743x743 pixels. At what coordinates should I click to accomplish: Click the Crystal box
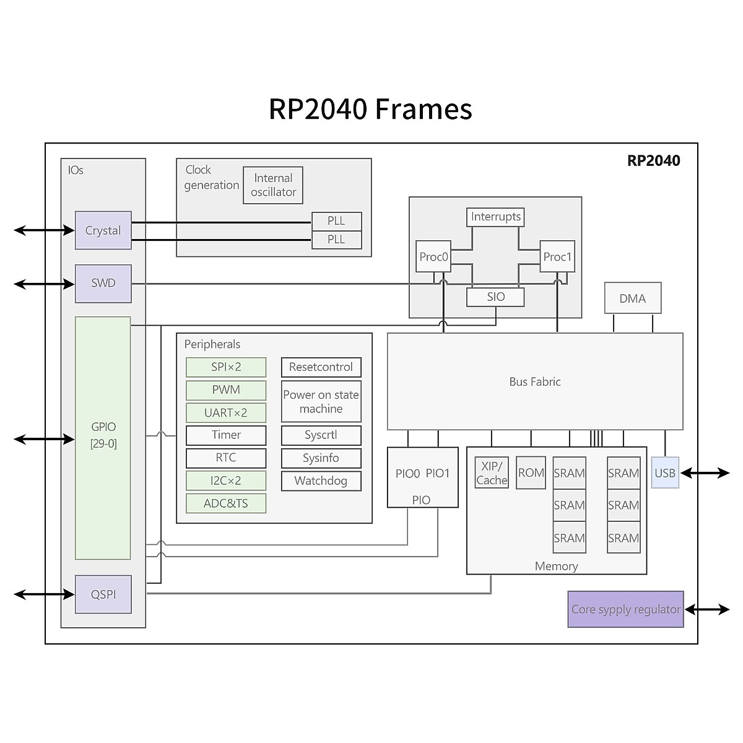(103, 230)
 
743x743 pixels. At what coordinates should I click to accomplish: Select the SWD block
(103, 284)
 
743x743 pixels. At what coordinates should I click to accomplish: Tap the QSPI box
(103, 594)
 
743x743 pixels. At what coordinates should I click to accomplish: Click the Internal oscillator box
(273, 185)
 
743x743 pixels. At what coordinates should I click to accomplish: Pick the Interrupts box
(495, 217)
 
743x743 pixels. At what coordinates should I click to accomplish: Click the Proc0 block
(433, 257)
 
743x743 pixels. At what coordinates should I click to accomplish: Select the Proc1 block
(557, 257)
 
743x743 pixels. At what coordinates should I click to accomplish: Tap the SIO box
(495, 297)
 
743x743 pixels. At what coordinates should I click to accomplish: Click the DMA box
(632, 298)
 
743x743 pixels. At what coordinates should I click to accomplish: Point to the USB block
(665, 473)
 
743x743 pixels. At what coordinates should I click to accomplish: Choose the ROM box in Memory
(531, 473)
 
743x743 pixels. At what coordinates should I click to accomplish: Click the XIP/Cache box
(492, 474)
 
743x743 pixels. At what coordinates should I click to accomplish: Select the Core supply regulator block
(625, 609)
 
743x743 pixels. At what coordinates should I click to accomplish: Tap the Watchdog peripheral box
(321, 481)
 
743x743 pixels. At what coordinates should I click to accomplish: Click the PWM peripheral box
(226, 390)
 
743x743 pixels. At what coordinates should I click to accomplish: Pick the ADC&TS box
(226, 503)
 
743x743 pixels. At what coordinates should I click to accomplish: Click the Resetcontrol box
(321, 367)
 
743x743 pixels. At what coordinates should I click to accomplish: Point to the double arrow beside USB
(705, 474)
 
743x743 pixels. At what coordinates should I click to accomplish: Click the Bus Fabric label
(535, 382)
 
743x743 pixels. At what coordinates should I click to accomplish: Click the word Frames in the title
(424, 109)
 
